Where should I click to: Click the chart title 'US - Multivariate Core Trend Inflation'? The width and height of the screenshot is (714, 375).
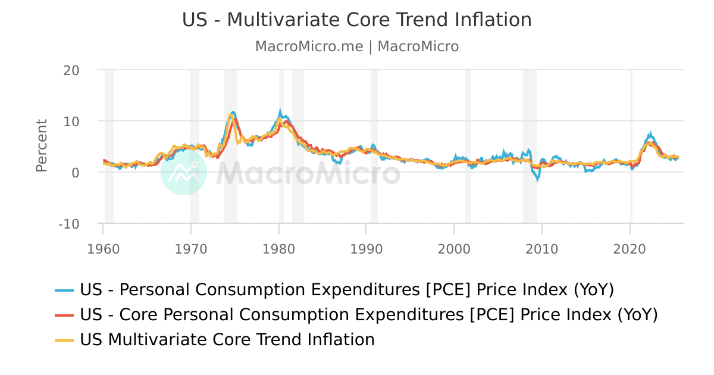(x=356, y=20)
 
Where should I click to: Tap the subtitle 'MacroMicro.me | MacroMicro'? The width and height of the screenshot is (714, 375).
(x=356, y=46)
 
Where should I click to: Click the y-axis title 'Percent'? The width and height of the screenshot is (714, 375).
(x=41, y=146)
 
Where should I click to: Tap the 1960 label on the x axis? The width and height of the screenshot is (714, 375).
(x=103, y=249)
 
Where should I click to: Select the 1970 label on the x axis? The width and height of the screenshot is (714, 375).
(x=191, y=249)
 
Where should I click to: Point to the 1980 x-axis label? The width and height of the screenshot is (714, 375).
(x=278, y=249)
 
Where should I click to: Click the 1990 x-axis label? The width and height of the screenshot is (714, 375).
(x=366, y=249)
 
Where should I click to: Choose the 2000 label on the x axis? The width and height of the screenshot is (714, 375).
(x=454, y=249)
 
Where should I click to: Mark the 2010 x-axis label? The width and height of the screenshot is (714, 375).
(x=541, y=249)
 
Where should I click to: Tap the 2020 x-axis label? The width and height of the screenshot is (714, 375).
(x=630, y=249)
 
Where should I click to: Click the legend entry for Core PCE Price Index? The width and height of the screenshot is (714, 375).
(x=368, y=315)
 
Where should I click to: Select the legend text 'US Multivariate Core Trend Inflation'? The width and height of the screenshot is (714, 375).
(x=227, y=340)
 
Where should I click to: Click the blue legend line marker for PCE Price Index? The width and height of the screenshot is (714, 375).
(x=64, y=290)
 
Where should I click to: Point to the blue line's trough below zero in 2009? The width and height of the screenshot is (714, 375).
(x=538, y=179)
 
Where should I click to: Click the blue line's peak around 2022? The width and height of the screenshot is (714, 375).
(x=650, y=135)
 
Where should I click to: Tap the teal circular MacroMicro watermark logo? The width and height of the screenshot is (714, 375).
(x=184, y=172)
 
